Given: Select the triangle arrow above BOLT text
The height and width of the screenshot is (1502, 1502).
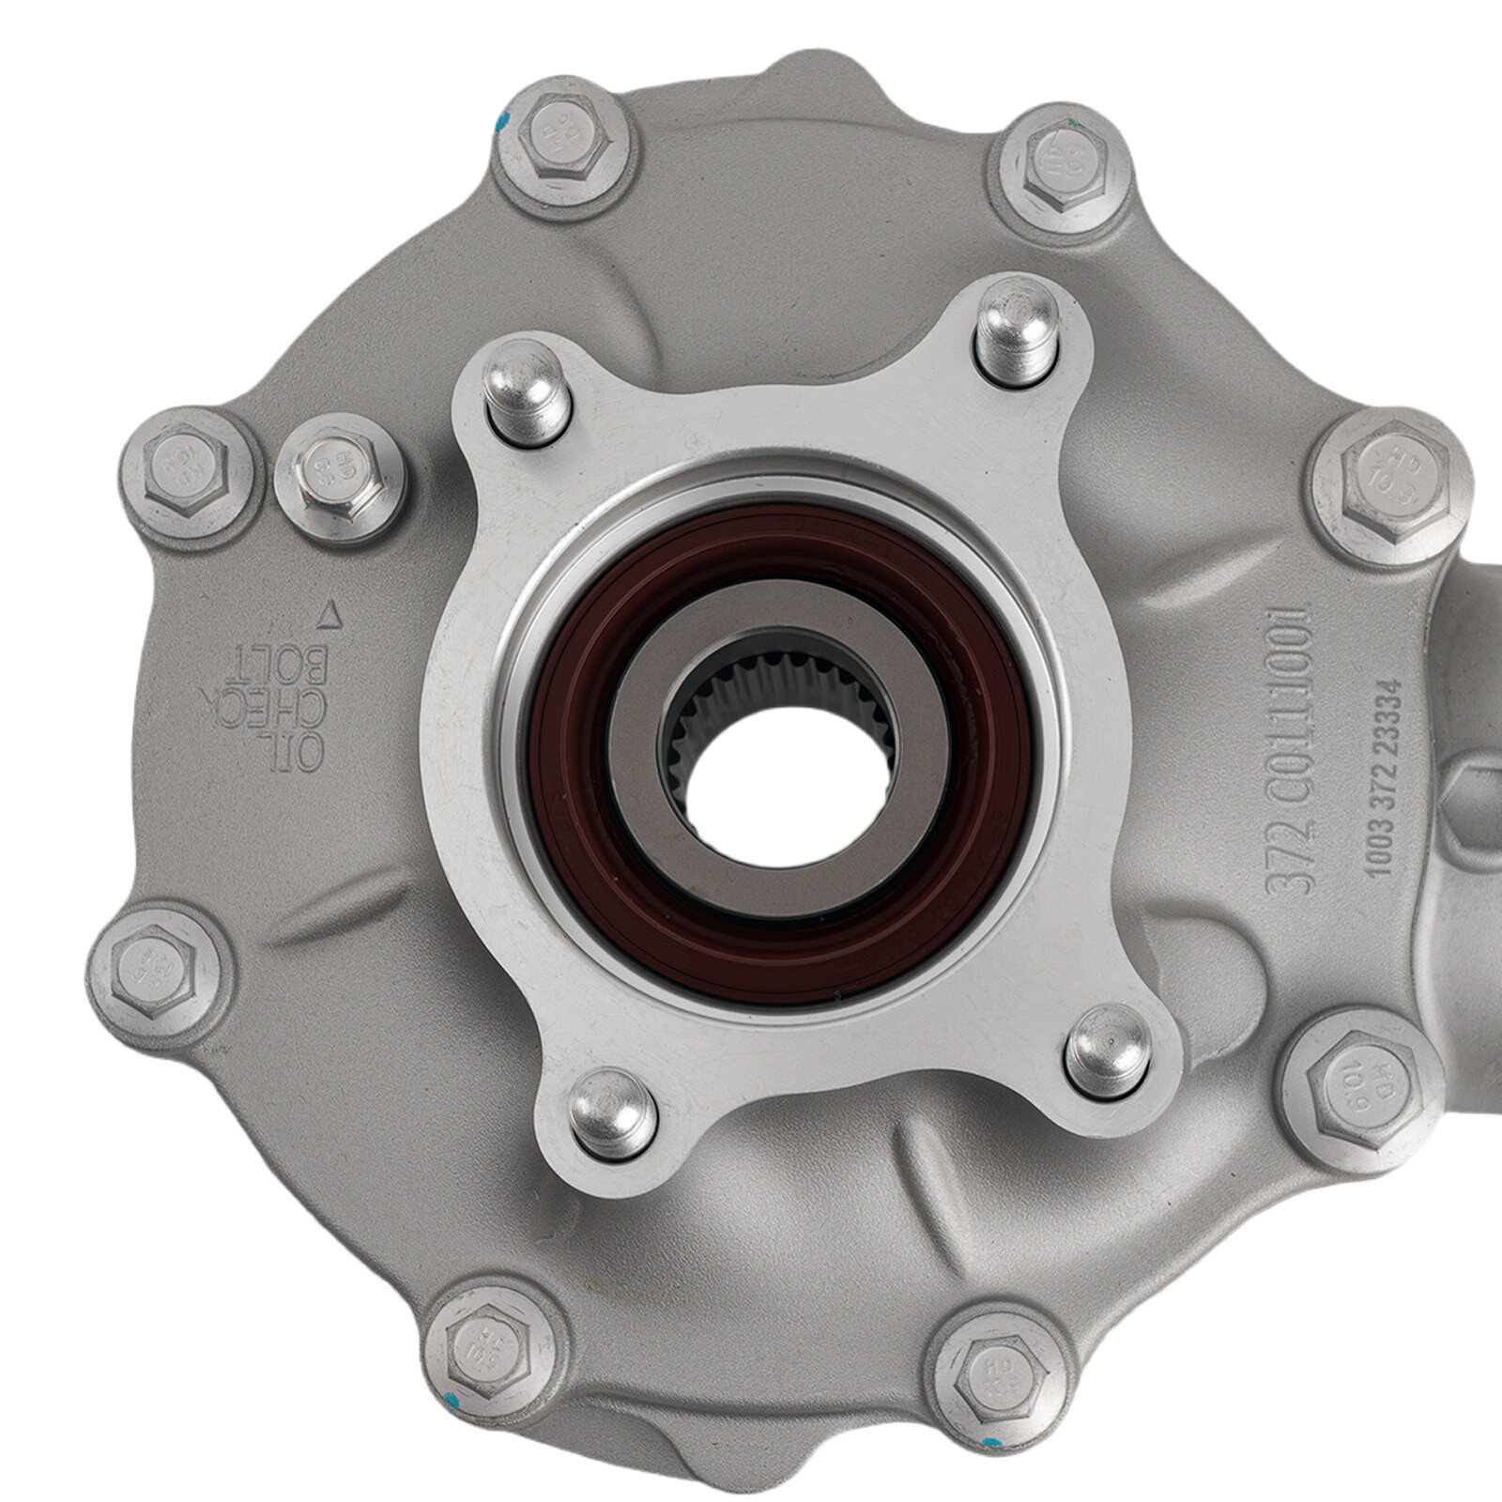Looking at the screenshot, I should [329, 616].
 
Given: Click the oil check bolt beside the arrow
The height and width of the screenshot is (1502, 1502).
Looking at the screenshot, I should [338, 483].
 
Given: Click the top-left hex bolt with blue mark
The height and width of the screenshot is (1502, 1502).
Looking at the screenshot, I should [559, 141].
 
